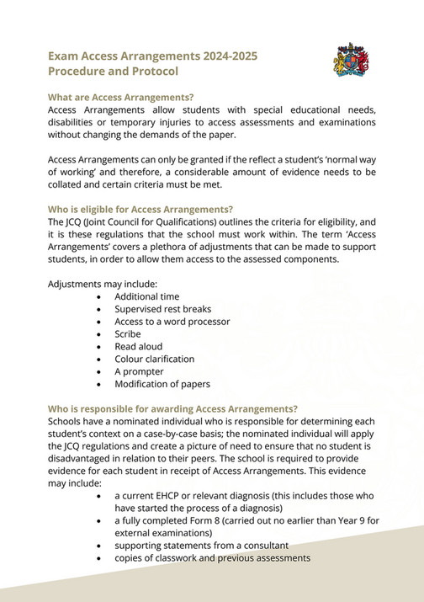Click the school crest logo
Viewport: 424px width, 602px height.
tap(350, 61)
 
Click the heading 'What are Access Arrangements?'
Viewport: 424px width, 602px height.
tap(120, 97)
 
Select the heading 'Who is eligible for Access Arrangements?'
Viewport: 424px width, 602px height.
tap(140, 209)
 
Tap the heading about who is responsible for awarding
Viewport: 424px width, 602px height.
tap(172, 408)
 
